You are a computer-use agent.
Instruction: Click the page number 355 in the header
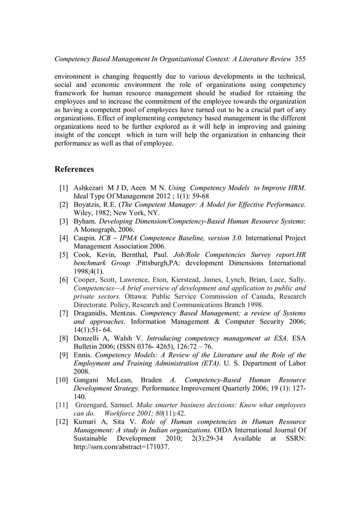(x=300, y=59)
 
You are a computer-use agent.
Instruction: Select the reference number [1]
(x=64, y=188)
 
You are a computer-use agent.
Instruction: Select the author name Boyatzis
(x=90, y=204)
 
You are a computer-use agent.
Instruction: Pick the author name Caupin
(x=85, y=238)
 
